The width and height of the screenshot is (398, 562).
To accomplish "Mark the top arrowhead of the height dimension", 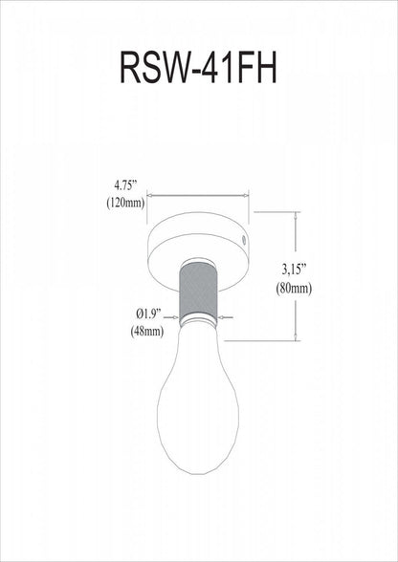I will pos(295,217).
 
